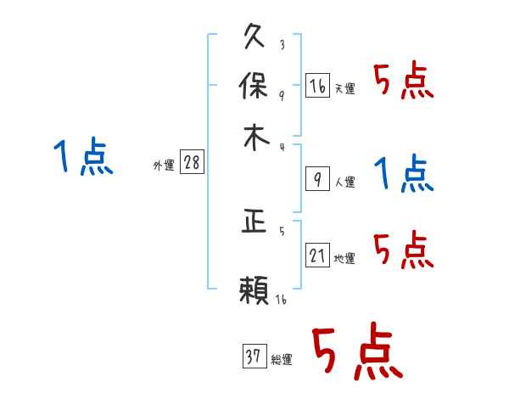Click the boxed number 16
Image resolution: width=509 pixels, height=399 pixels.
(317, 85)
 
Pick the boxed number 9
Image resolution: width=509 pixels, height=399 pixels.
(317, 178)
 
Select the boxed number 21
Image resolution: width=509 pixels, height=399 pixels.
(317, 255)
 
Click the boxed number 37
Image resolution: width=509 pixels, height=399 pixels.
(254, 357)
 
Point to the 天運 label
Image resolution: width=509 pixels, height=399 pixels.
(344, 88)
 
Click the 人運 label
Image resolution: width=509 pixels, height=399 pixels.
(344, 182)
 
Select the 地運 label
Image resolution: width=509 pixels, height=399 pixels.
(344, 258)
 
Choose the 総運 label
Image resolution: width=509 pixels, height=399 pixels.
(281, 360)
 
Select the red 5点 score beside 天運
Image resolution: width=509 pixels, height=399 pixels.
(404, 82)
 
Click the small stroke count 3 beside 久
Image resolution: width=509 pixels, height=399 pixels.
(281, 45)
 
